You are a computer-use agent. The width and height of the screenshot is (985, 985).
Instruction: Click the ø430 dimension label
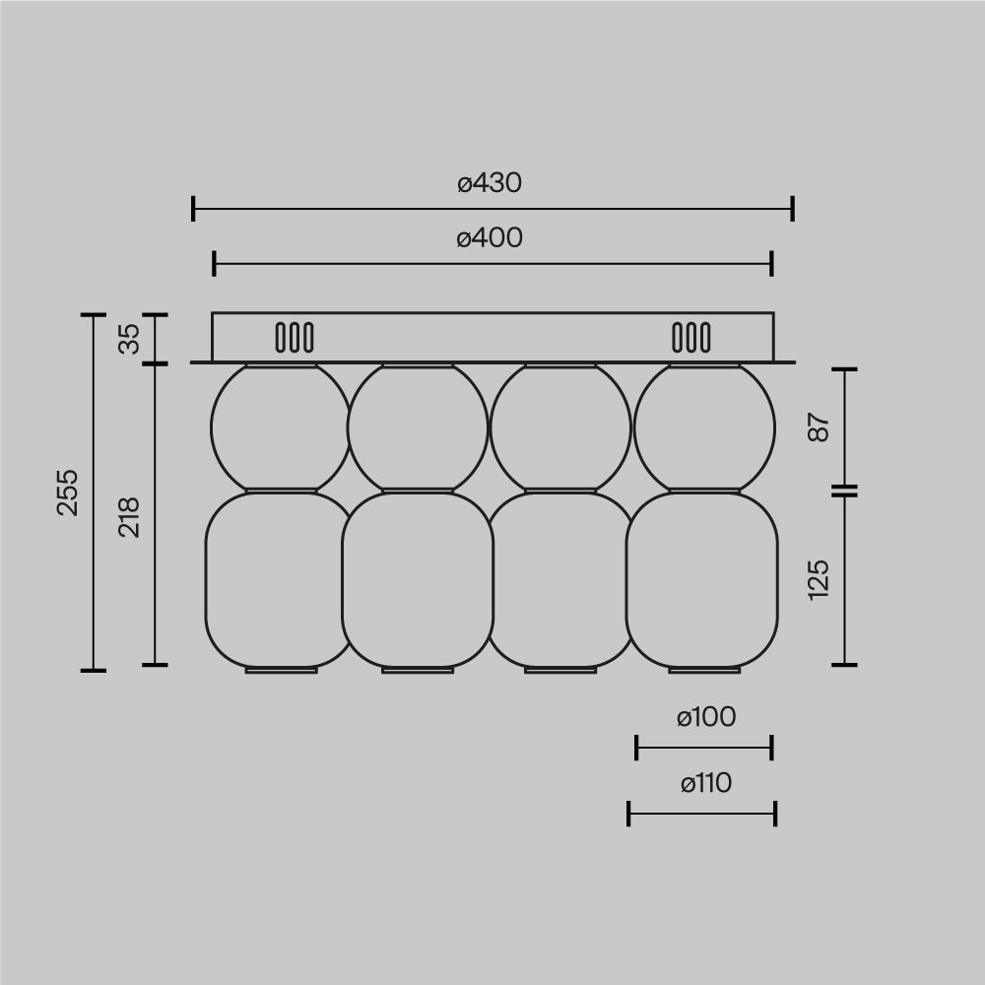point(490,183)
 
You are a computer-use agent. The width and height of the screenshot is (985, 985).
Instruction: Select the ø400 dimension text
point(490,238)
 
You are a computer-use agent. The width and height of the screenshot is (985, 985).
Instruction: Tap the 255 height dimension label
point(67,492)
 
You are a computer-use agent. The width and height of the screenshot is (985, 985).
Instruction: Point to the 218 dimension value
point(130,517)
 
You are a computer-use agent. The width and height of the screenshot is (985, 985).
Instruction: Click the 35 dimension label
point(130,339)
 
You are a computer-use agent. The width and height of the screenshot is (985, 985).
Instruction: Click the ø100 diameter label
point(705,718)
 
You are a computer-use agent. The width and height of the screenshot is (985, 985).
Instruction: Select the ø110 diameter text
point(705,784)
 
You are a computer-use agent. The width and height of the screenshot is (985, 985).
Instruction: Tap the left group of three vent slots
point(295,338)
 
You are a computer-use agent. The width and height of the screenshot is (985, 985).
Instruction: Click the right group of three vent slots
point(690,338)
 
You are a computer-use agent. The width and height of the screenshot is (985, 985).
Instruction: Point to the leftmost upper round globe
point(280,427)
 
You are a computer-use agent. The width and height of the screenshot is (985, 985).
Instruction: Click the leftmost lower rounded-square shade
point(278,581)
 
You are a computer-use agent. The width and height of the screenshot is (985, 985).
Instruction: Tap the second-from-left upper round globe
point(418,427)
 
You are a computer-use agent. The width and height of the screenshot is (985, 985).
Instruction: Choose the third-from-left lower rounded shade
point(558,581)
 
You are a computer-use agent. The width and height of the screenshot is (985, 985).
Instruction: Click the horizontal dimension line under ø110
point(702,814)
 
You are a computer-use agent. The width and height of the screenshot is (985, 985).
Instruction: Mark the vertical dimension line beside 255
point(93,492)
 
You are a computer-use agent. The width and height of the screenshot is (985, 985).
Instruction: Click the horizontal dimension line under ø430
point(492,209)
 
